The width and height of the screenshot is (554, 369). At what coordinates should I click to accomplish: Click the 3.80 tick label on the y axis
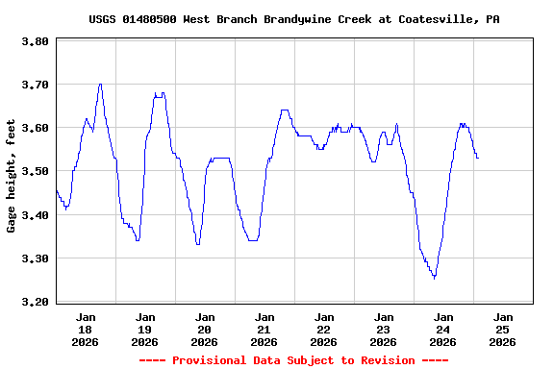click(x=35, y=41)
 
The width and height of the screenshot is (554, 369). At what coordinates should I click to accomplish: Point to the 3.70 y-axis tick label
click(x=35, y=85)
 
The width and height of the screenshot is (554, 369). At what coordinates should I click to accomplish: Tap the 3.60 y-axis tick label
click(x=35, y=128)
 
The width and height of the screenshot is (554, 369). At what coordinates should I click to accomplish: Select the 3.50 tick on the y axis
click(x=35, y=171)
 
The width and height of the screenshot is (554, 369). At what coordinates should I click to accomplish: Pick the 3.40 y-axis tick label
click(x=35, y=214)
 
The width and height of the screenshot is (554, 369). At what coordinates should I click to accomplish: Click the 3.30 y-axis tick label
click(x=35, y=258)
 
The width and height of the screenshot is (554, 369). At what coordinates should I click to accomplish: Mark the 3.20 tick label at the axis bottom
click(x=35, y=302)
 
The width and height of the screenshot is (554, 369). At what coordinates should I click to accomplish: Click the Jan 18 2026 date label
click(x=86, y=329)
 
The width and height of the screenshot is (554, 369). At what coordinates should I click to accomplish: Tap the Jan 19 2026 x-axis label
click(x=145, y=329)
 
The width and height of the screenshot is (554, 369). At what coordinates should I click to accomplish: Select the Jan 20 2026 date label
click(x=205, y=329)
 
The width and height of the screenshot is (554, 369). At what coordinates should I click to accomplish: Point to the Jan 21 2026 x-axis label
click(x=264, y=329)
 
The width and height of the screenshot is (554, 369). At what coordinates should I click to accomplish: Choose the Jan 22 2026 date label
click(x=324, y=329)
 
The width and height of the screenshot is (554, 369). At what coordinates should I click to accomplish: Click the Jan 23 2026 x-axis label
click(x=384, y=329)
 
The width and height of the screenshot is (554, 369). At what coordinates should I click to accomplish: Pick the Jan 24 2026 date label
click(x=443, y=329)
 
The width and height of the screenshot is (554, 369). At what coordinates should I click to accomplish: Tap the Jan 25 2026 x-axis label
click(x=502, y=329)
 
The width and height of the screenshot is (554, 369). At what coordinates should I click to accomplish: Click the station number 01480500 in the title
click(x=151, y=19)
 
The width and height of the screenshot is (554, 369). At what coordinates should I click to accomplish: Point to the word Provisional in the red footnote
click(x=209, y=360)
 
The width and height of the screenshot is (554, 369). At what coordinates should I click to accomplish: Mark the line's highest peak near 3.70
click(x=100, y=84)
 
